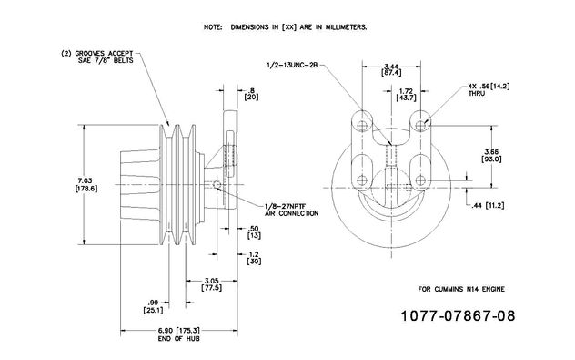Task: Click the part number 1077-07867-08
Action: coord(458,316)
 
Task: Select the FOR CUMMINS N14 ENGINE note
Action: coord(461,289)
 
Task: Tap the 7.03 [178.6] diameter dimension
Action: coord(86,184)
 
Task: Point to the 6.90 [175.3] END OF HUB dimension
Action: coord(179,334)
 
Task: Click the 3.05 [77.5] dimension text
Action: coord(212,284)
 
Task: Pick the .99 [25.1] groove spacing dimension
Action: coord(153,307)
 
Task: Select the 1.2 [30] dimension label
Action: coord(254,258)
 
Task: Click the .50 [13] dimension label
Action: coord(254,232)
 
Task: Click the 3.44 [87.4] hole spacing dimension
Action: coord(391,69)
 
